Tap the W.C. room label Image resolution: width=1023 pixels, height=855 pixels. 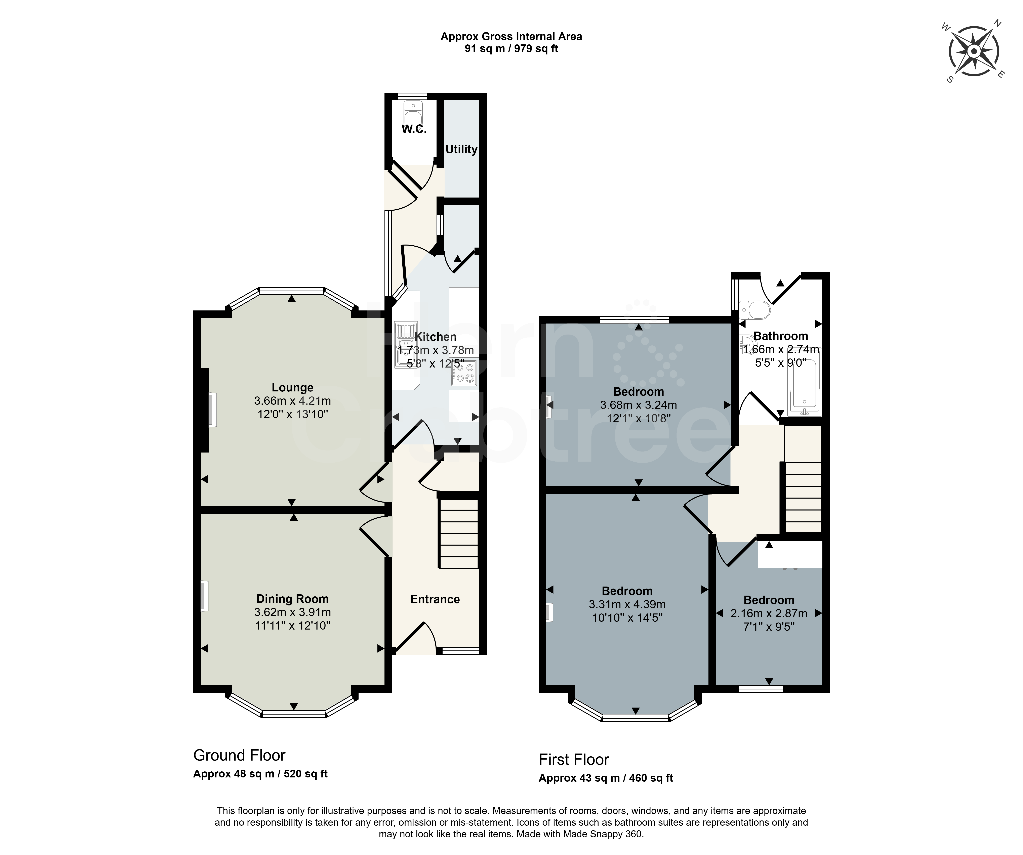(x=414, y=129)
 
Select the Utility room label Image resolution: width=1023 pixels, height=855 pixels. (x=461, y=149)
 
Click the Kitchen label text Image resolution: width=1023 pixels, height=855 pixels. (x=436, y=337)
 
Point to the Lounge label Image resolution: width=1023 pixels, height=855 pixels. (x=292, y=388)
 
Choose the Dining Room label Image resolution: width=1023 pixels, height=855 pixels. (x=292, y=599)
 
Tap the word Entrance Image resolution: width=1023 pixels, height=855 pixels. (x=435, y=599)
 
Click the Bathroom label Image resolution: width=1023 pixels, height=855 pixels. (x=781, y=336)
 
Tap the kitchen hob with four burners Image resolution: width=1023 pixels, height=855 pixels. (x=464, y=373)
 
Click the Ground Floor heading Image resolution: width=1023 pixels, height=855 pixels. (x=239, y=755)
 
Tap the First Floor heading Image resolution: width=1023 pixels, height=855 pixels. (x=574, y=760)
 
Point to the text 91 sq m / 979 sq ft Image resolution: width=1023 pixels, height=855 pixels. (x=511, y=49)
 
